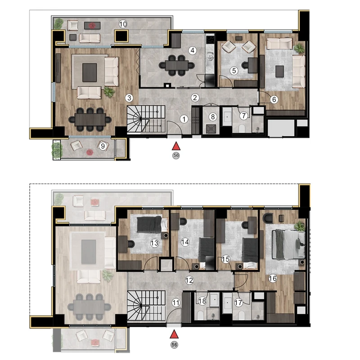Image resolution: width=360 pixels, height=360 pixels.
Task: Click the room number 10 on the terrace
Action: (123, 24)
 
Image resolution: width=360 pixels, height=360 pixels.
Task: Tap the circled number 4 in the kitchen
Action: (193, 50)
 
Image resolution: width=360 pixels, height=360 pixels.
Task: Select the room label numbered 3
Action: (129, 98)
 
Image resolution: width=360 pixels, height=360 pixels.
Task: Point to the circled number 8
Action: (213, 117)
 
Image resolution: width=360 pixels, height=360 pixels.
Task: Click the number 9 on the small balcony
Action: (103, 146)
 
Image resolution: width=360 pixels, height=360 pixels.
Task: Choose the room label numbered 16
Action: (273, 279)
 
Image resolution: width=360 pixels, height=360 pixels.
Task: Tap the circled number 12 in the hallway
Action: (189, 280)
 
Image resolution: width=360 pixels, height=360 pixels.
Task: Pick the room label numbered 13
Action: (154, 243)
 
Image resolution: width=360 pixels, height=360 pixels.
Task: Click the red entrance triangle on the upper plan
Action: (176, 146)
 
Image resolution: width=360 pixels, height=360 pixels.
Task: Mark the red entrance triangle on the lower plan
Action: (174, 334)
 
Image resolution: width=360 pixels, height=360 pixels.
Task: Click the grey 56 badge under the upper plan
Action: (176, 155)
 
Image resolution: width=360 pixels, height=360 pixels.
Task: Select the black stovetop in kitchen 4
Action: (210, 40)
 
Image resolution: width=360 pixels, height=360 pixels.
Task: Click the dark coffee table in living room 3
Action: (90, 72)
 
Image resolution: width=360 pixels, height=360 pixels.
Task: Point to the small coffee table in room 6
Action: (279, 72)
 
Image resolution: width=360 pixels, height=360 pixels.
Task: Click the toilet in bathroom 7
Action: (242, 128)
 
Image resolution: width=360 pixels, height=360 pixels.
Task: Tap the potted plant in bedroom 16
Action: (300, 226)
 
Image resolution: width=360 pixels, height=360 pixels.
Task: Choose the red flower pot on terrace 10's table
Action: (92, 26)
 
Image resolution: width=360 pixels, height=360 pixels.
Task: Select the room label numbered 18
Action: (202, 301)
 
